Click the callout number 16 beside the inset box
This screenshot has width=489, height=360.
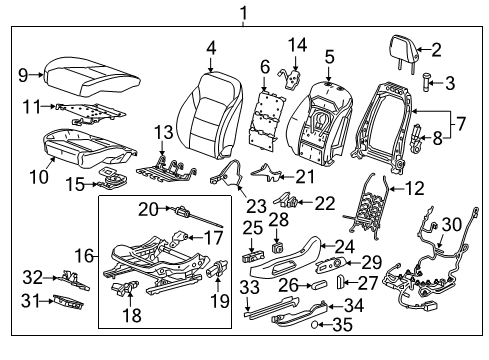[x=87, y=256]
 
